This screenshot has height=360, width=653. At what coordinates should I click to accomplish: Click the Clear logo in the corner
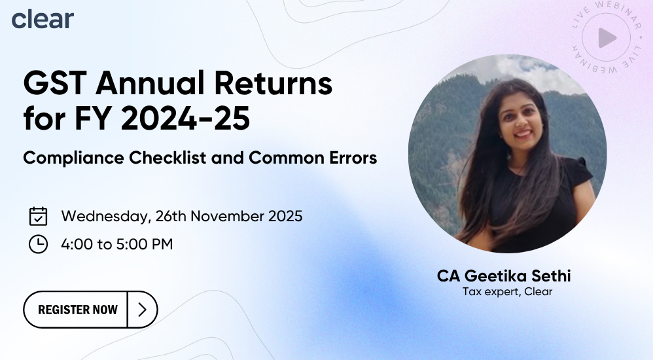43,19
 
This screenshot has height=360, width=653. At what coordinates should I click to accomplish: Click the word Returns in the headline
274,83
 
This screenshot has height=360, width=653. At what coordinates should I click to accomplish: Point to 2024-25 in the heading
185,118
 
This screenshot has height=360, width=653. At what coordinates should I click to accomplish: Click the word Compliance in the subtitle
74,158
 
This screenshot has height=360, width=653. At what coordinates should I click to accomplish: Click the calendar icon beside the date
39,216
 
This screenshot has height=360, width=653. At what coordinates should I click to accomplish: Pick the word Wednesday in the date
106,217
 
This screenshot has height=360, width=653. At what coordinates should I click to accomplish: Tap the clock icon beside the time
39,243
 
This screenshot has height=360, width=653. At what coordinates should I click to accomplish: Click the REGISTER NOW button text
78,310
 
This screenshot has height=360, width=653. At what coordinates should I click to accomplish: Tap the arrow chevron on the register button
143,310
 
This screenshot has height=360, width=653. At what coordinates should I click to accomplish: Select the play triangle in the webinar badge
607,39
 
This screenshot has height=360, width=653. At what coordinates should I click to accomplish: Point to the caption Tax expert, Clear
507,292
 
